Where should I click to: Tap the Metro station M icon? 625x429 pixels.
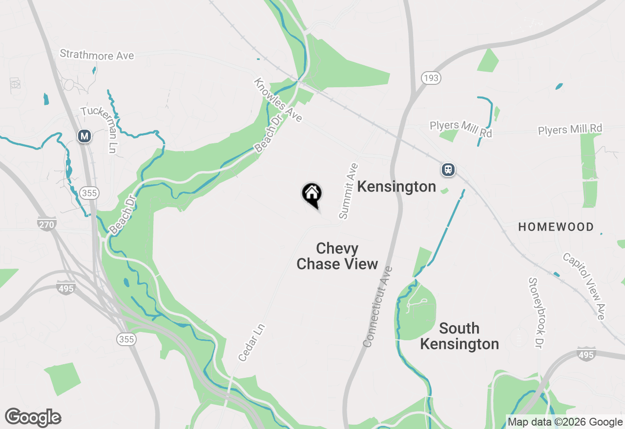pos(85,136)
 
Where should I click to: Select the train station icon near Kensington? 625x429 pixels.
pos(448,170)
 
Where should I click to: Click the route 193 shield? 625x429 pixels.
pos(431,78)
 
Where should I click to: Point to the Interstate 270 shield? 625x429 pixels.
pos(47,224)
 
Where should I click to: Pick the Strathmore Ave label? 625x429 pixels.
pos(97,55)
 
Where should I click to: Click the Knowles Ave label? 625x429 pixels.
pos(278,100)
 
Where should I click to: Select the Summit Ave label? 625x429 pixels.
pos(349,191)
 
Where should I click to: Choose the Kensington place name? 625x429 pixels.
pos(396,187)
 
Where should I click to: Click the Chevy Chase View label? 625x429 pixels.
pos(337,256)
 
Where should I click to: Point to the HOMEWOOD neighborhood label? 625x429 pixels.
pos(556,227)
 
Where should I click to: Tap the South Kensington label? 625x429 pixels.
pos(459,336)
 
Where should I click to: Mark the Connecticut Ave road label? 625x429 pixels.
pos(377,307)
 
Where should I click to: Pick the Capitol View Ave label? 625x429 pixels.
pos(584,286)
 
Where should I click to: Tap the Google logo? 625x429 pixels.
pos(33,417)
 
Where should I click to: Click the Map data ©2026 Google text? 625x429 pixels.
pos(565,422)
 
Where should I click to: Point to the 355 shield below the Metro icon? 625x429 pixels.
pos(90,193)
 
